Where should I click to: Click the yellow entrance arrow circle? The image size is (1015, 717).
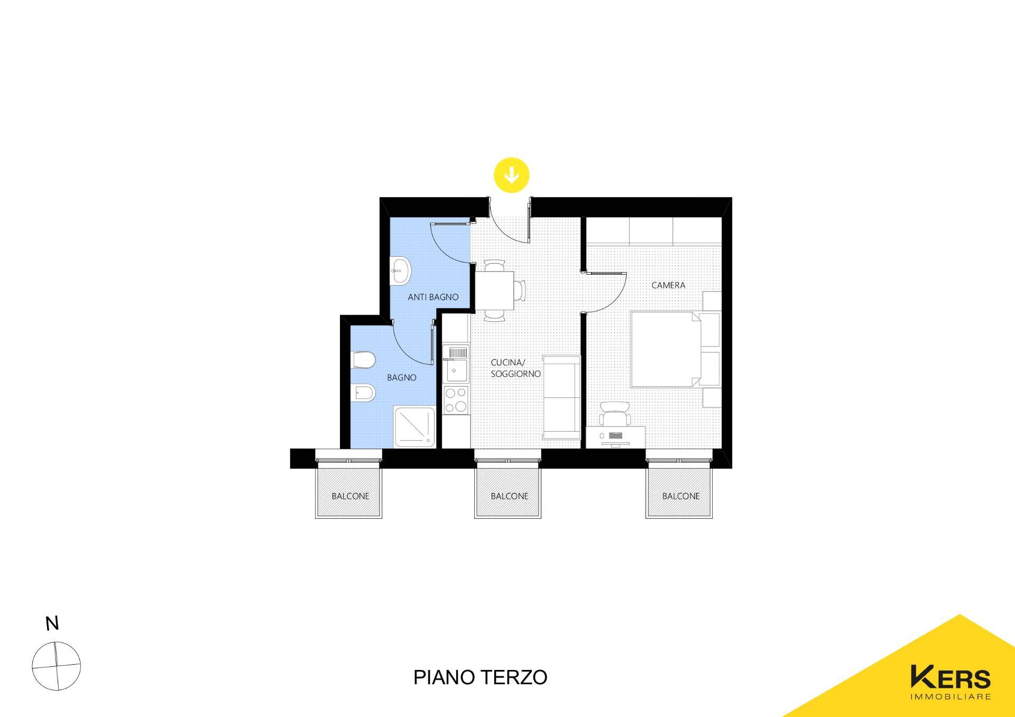pos(511,175)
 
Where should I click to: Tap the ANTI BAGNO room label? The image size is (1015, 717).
pos(433,297)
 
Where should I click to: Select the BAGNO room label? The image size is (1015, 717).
pos(402,377)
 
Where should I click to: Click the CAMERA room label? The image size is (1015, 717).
pos(668,285)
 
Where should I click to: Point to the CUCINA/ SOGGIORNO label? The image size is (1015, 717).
pos(515,368)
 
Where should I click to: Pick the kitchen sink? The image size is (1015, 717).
pos(456,364)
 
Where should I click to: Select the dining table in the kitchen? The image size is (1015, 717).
pos(495,291)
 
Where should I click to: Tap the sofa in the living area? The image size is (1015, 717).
pos(561,397)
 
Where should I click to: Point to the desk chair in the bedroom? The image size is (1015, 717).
pos(615,413)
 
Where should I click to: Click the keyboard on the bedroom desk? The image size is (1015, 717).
pos(616,435)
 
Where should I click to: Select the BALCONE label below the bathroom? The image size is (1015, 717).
pos(350,496)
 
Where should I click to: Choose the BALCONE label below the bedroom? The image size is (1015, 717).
pos(681,496)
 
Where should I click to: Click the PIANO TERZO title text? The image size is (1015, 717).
pos(480,677)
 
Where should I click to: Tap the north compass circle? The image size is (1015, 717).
pos(56,666)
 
